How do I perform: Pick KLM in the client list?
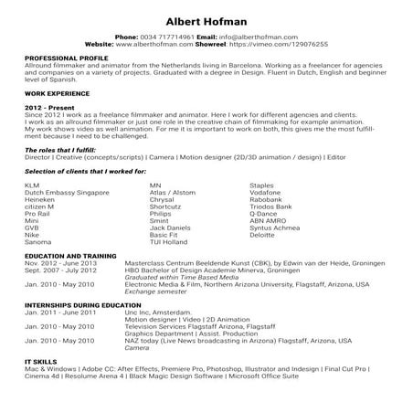pyautogui.click(x=32, y=185)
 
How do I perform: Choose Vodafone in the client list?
pyautogui.click(x=266, y=193)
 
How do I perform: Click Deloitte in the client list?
pyautogui.click(x=263, y=234)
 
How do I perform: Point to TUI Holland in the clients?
pyautogui.click(x=168, y=241)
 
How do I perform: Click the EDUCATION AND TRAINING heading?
pyautogui.click(x=69, y=255)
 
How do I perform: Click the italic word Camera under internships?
pyautogui.click(x=136, y=347)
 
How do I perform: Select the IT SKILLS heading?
pyautogui.click(x=41, y=360)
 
